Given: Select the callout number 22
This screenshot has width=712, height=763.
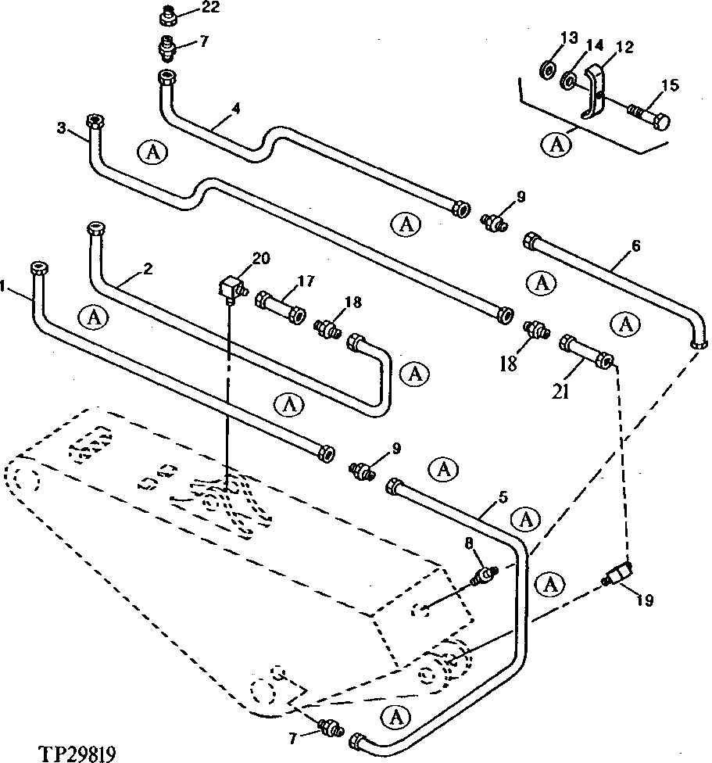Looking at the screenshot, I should click(189, 9).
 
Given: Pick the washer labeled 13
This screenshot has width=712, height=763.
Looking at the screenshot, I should click(548, 71).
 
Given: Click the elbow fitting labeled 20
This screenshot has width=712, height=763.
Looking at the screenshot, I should click(230, 290).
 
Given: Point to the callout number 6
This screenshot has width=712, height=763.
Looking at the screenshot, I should click(635, 245).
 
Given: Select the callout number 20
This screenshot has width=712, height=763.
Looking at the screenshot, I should click(260, 258).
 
